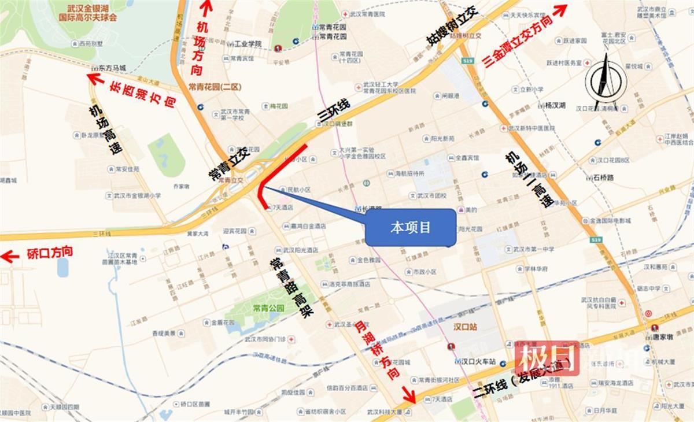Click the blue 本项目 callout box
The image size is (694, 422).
click(410, 228)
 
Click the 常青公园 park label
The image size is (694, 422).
click(268, 308)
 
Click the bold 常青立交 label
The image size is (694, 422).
click(228, 164)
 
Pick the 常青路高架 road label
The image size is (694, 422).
click(291, 287)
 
